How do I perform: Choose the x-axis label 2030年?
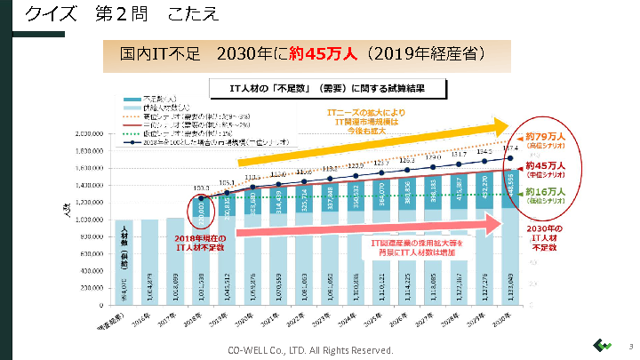505,316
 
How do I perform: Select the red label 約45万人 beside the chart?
546,164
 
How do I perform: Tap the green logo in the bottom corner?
601,346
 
